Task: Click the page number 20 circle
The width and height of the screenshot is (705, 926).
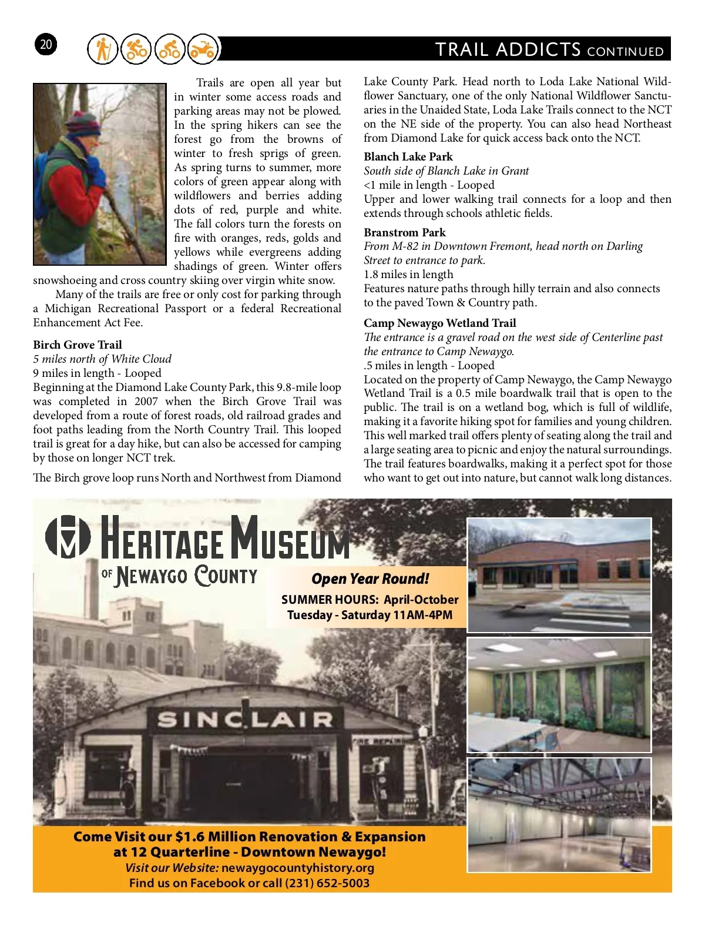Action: [46, 45]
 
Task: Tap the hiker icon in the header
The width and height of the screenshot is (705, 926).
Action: [103, 49]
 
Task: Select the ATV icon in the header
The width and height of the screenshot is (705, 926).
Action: [202, 49]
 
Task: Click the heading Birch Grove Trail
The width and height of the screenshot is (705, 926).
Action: [78, 345]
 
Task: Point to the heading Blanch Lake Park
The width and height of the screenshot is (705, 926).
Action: [408, 157]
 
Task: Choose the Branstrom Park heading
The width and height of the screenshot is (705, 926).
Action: [405, 233]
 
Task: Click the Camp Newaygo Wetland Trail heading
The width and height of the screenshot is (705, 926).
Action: [439, 323]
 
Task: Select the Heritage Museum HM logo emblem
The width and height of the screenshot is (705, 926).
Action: [68, 536]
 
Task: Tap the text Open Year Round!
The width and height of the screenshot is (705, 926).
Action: [370, 579]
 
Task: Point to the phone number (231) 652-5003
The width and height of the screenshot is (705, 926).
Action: [327, 883]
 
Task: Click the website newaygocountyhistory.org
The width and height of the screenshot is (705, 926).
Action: [298, 868]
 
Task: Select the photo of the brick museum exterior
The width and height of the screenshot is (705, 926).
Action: [559, 574]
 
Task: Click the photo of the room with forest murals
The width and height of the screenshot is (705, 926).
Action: [559, 695]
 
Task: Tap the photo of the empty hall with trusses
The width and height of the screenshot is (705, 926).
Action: [559, 815]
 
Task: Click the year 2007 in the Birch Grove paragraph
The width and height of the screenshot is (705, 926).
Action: [145, 402]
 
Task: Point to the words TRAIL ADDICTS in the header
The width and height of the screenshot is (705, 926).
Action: [508, 50]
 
